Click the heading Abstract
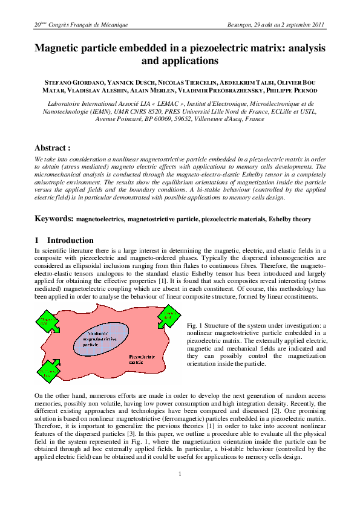[53, 148]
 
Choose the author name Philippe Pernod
[290, 91]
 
